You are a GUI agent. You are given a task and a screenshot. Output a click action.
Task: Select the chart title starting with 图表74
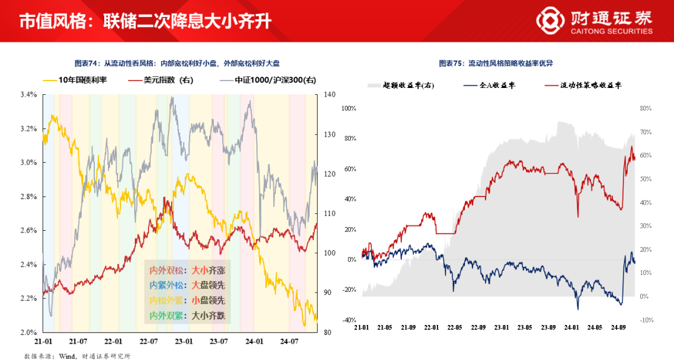[x=177, y=64]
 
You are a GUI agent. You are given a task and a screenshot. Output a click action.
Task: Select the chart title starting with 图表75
[x=496, y=64]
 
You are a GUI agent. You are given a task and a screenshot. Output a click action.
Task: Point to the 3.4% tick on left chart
[x=29, y=95]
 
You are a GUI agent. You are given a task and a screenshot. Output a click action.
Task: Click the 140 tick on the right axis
[x=330, y=95]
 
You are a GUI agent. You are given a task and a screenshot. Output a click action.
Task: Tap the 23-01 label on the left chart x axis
[x=183, y=342]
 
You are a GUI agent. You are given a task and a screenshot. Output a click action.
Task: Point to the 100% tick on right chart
[x=348, y=109]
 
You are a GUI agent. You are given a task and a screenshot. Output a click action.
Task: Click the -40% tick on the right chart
[x=348, y=320]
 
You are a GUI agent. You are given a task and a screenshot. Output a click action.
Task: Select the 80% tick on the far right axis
[x=645, y=109]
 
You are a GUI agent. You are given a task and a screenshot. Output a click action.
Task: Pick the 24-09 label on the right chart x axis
[x=618, y=327]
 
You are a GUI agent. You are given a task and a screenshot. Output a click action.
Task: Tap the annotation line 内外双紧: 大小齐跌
[x=187, y=316]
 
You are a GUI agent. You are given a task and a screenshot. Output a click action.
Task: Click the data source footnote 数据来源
[x=77, y=356]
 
